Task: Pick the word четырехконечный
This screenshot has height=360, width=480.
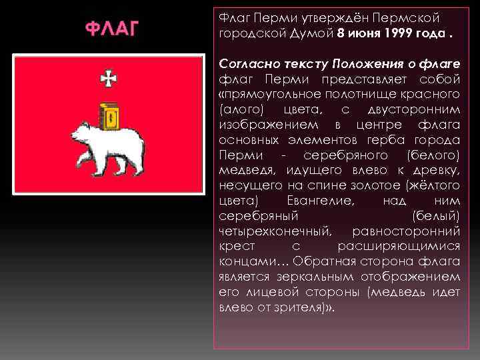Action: point(273,231)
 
